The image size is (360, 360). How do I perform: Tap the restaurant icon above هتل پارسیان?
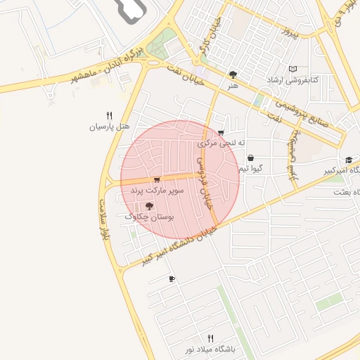tap(109, 116)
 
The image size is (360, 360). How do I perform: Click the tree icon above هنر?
tap(233, 74)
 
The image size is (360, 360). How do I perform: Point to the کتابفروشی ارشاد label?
tap(292, 80)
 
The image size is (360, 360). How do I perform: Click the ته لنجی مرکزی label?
tap(224, 143)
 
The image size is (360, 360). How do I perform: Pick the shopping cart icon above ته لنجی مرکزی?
tap(221, 132)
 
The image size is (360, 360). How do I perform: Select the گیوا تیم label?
tap(251, 169)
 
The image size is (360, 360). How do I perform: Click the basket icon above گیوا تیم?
tap(251, 158)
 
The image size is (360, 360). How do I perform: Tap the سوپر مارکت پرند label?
tap(157, 191)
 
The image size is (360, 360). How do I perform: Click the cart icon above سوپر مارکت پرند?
tap(156, 180)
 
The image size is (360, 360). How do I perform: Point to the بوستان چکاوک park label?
tap(149, 217)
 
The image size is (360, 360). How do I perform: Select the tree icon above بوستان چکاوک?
tap(149, 206)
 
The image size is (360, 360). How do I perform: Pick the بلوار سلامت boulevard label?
tap(105, 208)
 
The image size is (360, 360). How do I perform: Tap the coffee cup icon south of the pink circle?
tap(172, 279)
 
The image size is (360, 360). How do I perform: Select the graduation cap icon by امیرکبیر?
tap(348, 160)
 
